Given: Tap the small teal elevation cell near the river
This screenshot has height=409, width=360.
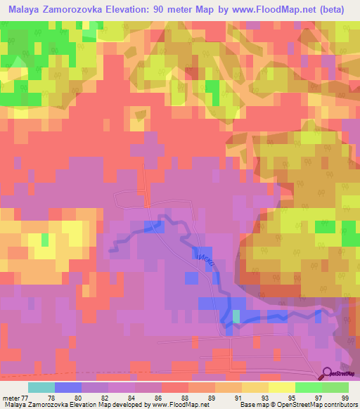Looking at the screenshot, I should click(236, 317).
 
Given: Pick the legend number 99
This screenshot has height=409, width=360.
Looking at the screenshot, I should click(343, 398).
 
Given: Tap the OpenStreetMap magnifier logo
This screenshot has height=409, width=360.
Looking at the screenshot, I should click(327, 373).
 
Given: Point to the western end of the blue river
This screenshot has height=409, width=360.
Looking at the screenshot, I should click(110, 248).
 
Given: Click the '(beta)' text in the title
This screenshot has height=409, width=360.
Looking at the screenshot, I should click(328, 9).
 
